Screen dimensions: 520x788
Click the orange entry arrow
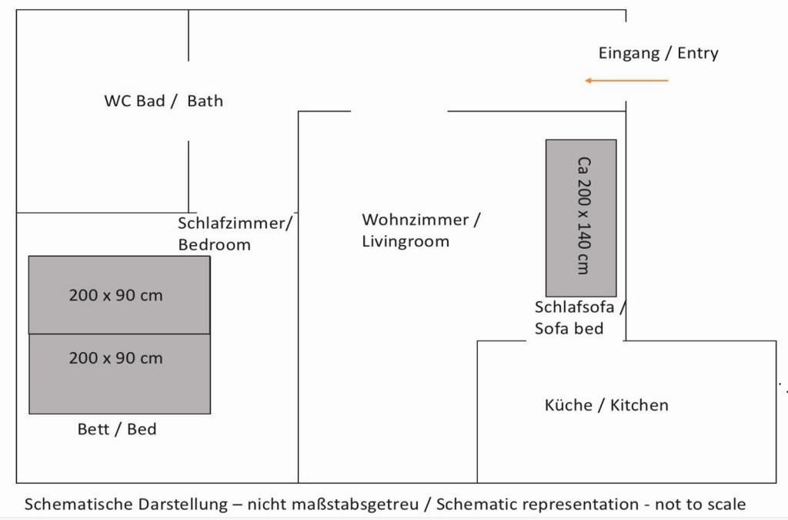coord(626,80)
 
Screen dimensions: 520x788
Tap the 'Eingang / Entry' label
coord(658,53)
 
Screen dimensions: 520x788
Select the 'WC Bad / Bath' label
coord(163,101)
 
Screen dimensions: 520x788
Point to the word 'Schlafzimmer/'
coord(235,223)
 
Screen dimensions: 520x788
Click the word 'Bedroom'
coord(214,245)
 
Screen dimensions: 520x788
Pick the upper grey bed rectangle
coord(119,295)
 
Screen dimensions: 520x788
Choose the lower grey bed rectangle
coord(119,374)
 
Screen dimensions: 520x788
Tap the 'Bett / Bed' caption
coord(117,429)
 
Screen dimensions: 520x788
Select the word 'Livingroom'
coord(405,241)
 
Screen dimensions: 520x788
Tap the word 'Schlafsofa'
coord(574,307)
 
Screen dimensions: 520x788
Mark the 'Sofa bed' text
coord(569,328)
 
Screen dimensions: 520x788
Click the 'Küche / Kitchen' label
coord(606,405)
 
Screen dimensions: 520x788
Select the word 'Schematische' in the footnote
coord(78,505)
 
